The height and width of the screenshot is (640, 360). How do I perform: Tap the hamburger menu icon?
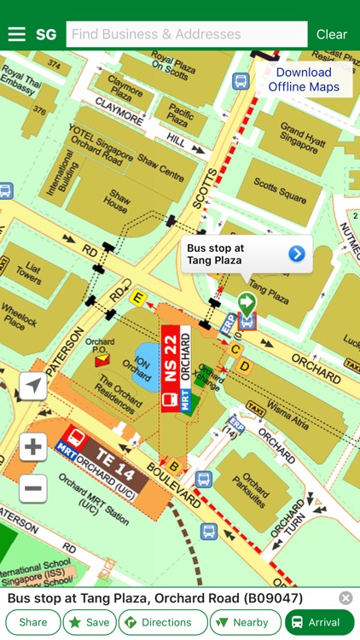pyautogui.click(x=16, y=34)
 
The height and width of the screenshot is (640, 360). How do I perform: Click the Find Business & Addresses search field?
pyautogui.click(x=186, y=34)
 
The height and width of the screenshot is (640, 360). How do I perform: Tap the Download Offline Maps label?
pyautogui.click(x=304, y=79)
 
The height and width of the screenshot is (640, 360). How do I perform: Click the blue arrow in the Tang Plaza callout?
pyautogui.click(x=296, y=253)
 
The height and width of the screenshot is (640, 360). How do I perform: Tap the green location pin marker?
pyautogui.click(x=247, y=303)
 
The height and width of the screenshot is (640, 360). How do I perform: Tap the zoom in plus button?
pyautogui.click(x=33, y=446)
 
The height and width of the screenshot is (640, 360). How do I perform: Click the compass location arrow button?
pyautogui.click(x=33, y=387)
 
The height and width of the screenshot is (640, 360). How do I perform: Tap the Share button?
pyautogui.click(x=33, y=622)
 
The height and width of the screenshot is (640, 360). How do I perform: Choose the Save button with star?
pyautogui.click(x=89, y=622)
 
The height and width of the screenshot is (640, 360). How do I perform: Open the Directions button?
pyautogui.click(x=162, y=622)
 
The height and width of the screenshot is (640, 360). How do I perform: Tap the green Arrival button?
pyautogui.click(x=318, y=622)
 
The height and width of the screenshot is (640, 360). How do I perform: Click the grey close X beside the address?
pyautogui.click(x=345, y=598)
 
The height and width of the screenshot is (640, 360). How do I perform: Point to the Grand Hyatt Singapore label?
pyautogui.click(x=303, y=141)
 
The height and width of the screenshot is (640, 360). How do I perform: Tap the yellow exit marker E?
pyautogui.click(x=136, y=297)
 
